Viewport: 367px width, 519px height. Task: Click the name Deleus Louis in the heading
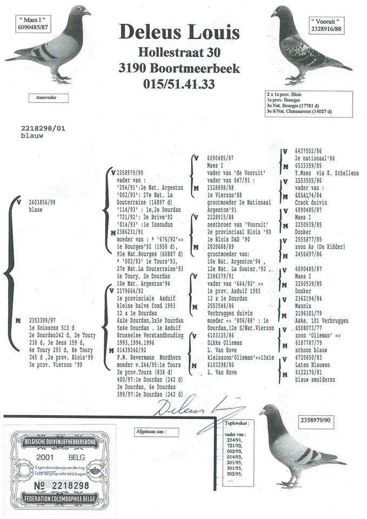tap(179, 33)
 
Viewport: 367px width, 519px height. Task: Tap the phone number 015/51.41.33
tap(179, 84)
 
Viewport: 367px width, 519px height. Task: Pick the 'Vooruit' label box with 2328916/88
tap(327, 25)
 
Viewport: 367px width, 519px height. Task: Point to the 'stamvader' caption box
tap(46, 98)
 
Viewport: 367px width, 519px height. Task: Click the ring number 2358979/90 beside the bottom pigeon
tap(317, 420)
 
